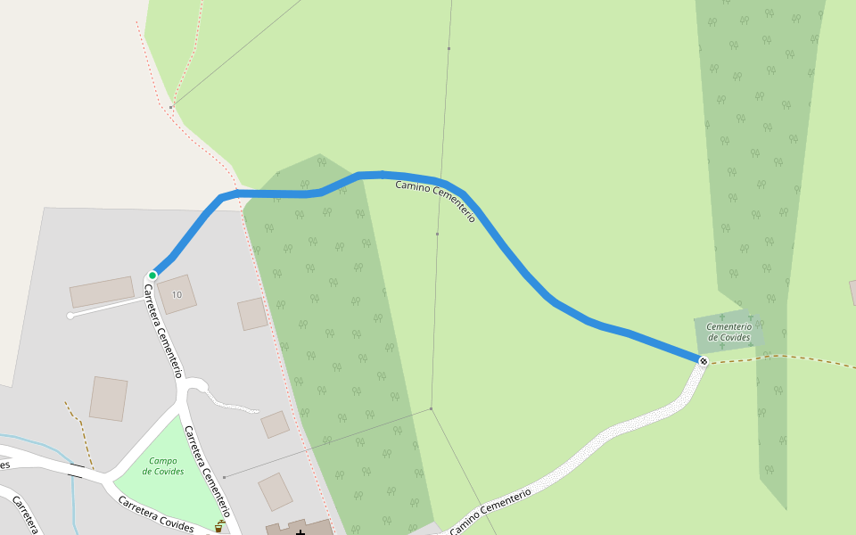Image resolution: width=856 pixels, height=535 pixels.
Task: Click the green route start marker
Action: [152, 276]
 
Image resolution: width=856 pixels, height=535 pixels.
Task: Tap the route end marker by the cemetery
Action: [704, 361]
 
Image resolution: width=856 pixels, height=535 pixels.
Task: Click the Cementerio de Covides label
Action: [729, 332]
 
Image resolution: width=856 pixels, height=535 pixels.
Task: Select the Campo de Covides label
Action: [163, 465]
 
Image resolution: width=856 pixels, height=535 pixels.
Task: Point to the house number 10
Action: [177, 294]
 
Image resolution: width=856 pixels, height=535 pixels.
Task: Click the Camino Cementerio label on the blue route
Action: [435, 200]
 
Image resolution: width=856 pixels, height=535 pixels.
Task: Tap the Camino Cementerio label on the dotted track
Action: [490, 510]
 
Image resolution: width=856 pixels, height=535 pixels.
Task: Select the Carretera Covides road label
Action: [156, 514]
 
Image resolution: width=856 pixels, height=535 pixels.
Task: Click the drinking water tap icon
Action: [218, 526]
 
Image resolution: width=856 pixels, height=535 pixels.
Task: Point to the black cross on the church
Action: [300, 532]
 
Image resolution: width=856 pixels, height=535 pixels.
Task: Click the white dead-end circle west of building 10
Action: [70, 316]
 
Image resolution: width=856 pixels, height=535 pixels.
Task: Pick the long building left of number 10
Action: [102, 292]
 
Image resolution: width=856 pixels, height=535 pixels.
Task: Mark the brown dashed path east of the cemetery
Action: [802, 358]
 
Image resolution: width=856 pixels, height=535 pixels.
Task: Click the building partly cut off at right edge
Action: [852, 292]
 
